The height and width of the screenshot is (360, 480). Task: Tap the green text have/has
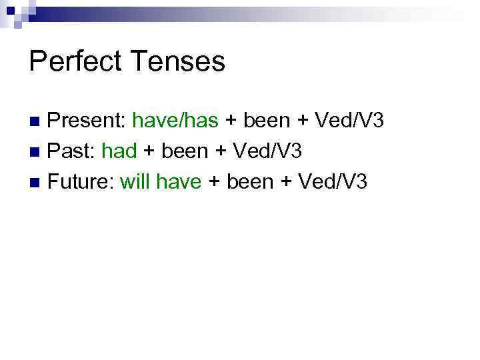[175, 121]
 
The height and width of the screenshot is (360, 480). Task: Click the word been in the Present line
[267, 121]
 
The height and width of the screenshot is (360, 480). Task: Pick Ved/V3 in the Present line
[349, 121]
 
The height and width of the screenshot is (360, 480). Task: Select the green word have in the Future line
[178, 181]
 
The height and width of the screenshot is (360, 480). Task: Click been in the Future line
[250, 181]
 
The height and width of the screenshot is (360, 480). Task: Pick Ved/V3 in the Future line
[332, 181]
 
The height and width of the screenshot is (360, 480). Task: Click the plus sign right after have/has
[231, 121]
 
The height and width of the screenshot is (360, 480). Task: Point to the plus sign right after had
[149, 152]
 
